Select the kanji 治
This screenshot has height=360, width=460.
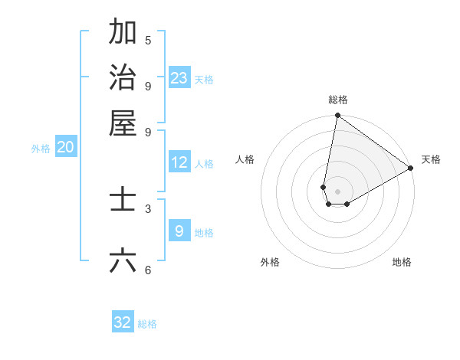(123, 77)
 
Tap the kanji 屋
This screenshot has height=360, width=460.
(123, 123)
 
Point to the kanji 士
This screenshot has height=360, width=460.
(123, 201)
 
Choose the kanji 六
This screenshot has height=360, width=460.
(123, 261)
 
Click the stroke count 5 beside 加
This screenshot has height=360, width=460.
(148, 41)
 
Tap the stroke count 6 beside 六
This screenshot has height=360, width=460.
(148, 270)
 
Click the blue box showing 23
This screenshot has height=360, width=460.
(179, 78)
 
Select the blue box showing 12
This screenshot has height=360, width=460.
(179, 162)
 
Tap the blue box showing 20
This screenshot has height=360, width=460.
(66, 148)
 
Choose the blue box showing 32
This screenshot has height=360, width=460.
(123, 322)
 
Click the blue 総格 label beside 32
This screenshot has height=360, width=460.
(148, 324)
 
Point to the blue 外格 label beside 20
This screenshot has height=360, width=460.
(41, 149)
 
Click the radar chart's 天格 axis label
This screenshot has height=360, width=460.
(431, 159)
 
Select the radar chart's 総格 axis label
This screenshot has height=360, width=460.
(338, 100)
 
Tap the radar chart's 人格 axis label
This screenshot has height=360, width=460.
(245, 159)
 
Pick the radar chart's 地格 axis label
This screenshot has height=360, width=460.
(402, 262)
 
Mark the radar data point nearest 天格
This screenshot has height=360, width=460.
(411, 169)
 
